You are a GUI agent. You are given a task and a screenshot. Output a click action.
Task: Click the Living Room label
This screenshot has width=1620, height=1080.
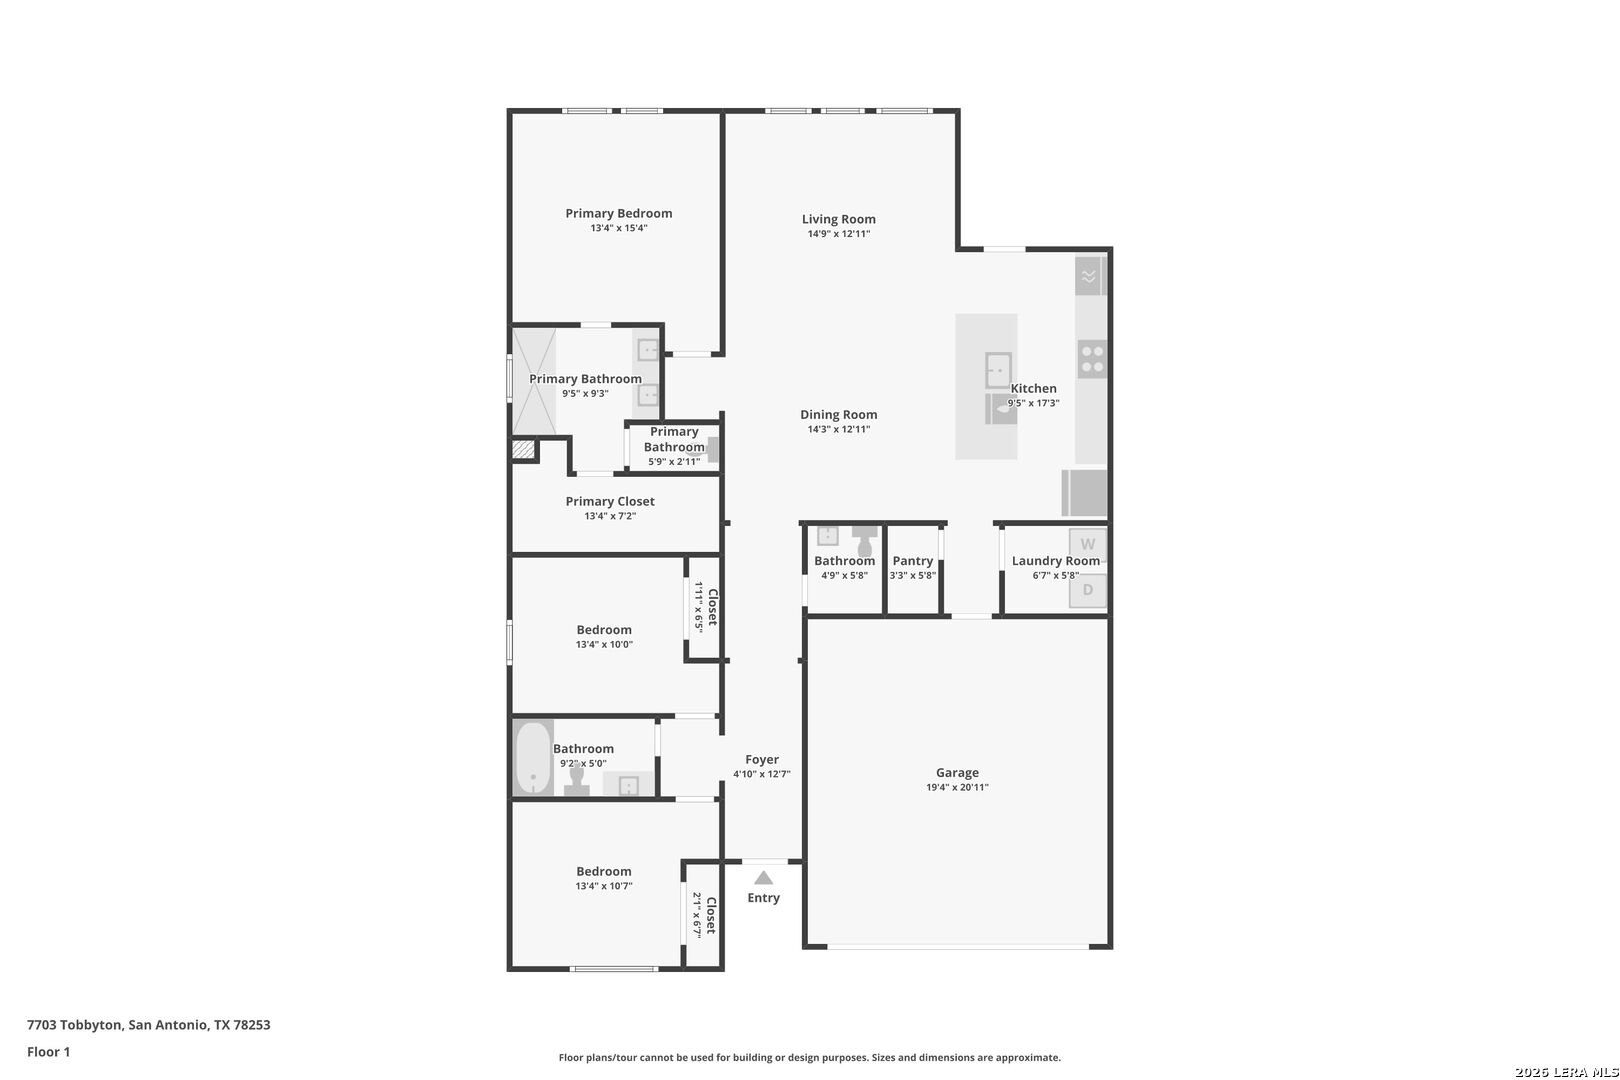click(838, 219)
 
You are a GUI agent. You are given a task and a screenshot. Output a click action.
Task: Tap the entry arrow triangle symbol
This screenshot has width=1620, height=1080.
click(764, 878)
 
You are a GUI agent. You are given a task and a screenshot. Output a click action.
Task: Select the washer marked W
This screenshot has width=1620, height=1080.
click(1088, 544)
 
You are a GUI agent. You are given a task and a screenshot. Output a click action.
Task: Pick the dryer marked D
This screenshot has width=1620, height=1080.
click(1088, 590)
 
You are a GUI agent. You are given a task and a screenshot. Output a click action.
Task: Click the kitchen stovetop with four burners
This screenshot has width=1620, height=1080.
click(1092, 360)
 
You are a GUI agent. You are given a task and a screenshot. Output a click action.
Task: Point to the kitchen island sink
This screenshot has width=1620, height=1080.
click(998, 370)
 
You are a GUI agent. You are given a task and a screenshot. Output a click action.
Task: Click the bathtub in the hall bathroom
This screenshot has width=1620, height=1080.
click(534, 757)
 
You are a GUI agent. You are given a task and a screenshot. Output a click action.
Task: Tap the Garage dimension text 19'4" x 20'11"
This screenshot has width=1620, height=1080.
click(957, 787)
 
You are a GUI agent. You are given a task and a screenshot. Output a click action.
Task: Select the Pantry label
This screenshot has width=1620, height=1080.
click(913, 561)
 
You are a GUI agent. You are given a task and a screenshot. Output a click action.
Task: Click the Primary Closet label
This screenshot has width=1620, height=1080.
click(610, 501)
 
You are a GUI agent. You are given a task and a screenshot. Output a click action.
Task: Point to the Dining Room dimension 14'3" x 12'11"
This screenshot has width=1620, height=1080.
click(838, 429)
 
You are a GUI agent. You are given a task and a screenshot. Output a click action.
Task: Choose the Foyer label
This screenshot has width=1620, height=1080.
click(762, 760)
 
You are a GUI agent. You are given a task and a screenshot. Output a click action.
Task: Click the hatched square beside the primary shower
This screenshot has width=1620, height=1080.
click(523, 449)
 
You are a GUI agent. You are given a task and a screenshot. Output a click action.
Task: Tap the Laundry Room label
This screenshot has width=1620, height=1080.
click(1055, 561)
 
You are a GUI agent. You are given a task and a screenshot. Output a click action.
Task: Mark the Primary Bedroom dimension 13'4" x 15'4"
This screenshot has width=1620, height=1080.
click(618, 228)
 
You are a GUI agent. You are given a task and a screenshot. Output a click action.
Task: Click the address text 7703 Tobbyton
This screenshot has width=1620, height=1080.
click(74, 1025)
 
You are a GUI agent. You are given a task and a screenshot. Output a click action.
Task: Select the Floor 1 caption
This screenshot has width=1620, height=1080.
click(48, 1052)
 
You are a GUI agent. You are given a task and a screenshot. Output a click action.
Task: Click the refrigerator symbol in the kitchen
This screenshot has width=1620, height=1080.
click(1084, 493)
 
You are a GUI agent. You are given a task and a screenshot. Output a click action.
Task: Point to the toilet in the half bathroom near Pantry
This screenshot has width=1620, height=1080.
click(864, 541)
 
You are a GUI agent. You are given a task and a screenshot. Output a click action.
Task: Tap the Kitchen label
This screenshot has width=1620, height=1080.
click(1033, 388)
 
